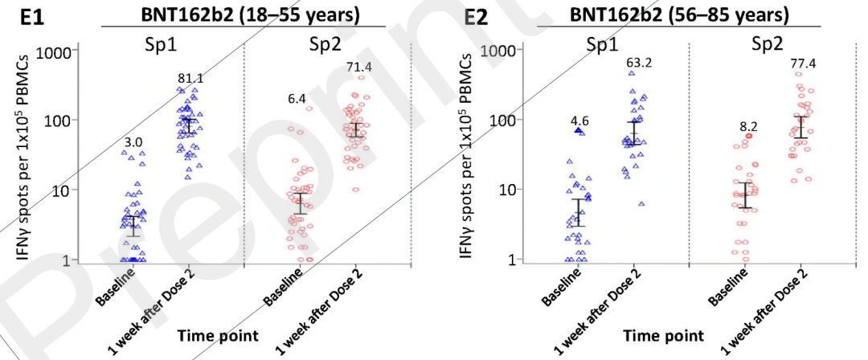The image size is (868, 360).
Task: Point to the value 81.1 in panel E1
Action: click(x=190, y=78)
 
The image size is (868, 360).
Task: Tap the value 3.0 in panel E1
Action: click(x=133, y=143)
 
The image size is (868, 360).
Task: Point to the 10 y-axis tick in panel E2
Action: click(x=500, y=190)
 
